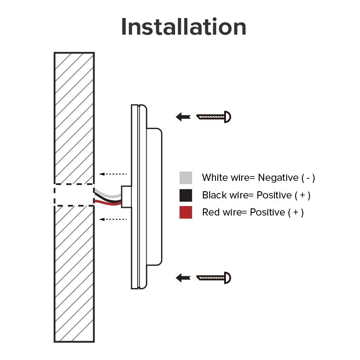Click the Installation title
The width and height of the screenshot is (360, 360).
[184, 27]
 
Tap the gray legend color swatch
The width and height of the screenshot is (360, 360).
[186, 178]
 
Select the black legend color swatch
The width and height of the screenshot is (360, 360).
[186, 195]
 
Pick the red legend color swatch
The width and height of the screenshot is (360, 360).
[186, 212]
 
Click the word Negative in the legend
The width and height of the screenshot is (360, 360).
[278, 178]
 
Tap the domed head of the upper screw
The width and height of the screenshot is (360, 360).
[228, 117]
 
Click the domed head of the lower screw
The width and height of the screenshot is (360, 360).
[228, 278]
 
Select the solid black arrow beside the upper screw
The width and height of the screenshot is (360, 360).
[183, 117]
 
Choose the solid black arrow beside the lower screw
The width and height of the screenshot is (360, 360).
[183, 278]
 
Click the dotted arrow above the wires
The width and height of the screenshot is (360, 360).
[113, 174]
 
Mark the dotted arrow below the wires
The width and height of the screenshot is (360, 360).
[113, 219]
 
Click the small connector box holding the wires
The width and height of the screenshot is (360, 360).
[126, 197]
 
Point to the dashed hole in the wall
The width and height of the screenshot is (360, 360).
[74, 195]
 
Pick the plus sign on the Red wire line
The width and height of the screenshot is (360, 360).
[296, 212]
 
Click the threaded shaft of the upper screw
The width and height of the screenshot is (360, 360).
[211, 117]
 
